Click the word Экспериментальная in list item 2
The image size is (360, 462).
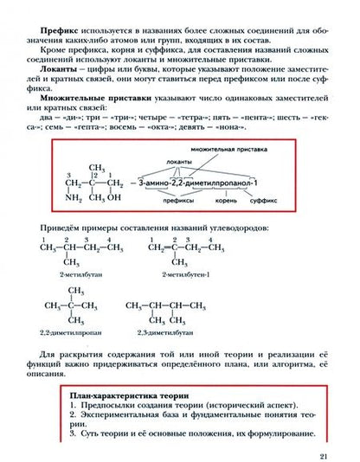pos(122,414)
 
